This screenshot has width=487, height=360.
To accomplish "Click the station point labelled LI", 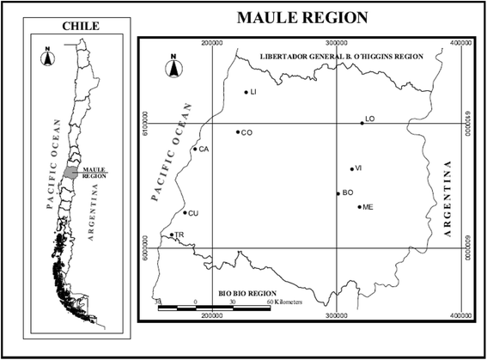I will point(246,92).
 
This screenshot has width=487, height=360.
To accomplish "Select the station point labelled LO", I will point(362,123).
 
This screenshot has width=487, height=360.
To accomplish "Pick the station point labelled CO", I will point(238,131).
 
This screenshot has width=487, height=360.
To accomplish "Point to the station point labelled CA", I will point(195,149).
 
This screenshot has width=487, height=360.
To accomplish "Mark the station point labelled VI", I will point(351,168).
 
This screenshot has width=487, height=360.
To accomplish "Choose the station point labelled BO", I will point(338,193).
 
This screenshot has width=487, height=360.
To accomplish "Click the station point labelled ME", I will point(359,207).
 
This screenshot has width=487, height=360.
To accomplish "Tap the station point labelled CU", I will point(185,212).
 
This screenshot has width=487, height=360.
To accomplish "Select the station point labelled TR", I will point(172,235).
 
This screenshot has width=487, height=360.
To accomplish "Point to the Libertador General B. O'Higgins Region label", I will point(331,55).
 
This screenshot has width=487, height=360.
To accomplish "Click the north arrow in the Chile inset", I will point(48,58).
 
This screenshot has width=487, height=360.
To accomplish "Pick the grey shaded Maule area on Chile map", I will point(70,172).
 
